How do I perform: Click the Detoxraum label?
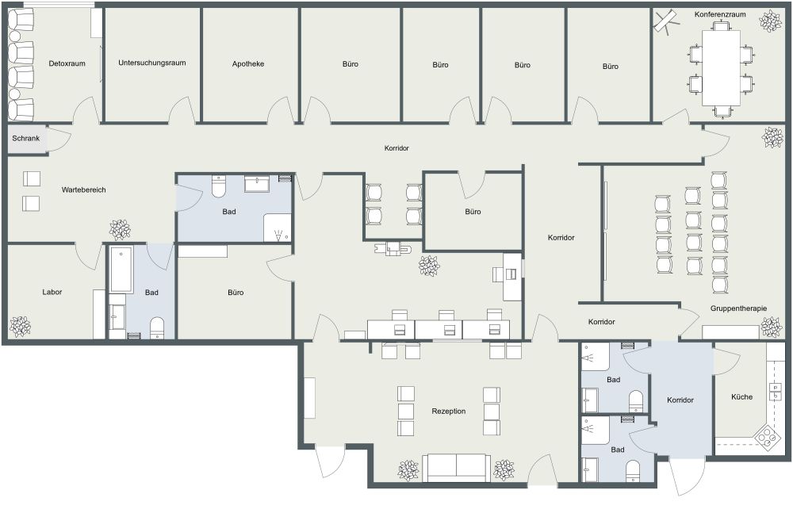(67, 63)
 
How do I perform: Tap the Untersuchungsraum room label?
(151, 63)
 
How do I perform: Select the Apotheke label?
(248, 63)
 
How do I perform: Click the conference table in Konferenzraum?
(722, 67)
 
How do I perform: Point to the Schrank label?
(25, 138)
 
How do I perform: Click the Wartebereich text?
(84, 190)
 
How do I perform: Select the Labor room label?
(52, 292)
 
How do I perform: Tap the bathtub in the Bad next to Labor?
(121, 269)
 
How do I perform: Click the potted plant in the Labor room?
(20, 325)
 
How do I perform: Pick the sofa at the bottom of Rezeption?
(456, 468)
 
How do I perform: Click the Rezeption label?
(448, 411)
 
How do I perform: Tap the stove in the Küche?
(766, 436)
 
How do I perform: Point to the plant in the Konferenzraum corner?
(768, 21)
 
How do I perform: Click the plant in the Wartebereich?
(121, 230)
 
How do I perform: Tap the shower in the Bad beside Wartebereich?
(277, 228)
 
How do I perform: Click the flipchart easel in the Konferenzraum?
(665, 21)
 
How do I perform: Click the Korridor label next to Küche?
(680, 400)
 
